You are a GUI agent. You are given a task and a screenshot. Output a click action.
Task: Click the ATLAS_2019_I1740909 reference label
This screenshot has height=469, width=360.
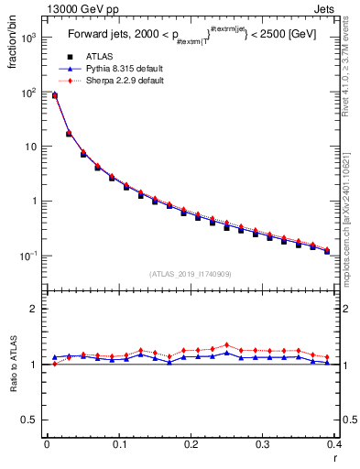coord(191,274)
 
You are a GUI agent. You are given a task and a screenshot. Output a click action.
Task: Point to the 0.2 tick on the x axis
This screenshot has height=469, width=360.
coord(191,444)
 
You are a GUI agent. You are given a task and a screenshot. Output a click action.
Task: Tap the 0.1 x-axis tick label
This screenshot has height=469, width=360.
coord(118,444)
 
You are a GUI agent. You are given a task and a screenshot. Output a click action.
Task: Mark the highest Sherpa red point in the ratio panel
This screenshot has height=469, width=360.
coord(226,344)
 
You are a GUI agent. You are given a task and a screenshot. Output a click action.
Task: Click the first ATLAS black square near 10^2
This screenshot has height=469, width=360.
coord(54,95)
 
